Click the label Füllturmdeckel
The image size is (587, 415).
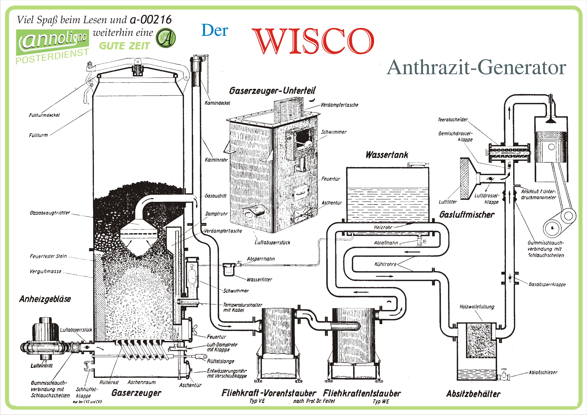coord(44,115)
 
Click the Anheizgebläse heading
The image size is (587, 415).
coord(45,299)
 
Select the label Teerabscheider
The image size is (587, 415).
coord(453,120)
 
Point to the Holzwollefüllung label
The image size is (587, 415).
coord(477,307)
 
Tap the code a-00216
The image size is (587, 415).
coord(151,20)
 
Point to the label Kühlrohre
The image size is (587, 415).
coord(385,264)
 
